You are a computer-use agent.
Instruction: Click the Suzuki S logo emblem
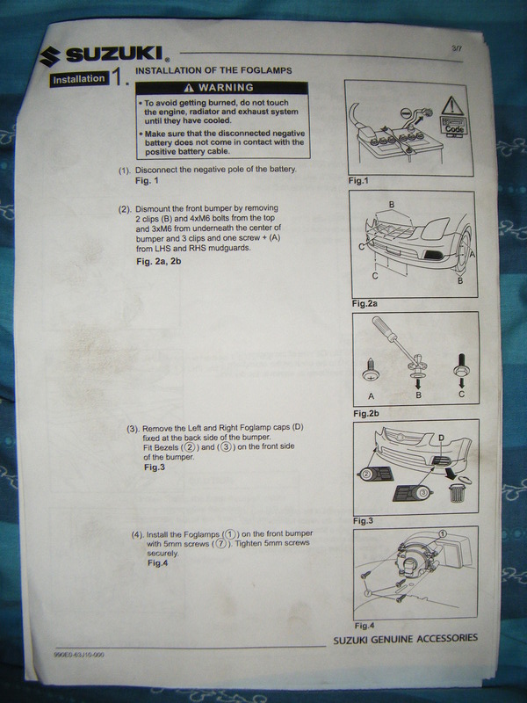(49, 56)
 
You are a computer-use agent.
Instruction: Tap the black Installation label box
(79, 79)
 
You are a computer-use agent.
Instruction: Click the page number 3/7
(457, 48)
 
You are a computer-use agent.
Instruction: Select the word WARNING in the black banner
(227, 87)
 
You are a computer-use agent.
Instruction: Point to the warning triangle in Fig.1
(451, 106)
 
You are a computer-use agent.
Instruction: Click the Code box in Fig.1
(454, 127)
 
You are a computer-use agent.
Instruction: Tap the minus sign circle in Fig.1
(406, 113)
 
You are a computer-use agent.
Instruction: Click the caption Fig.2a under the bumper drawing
(365, 303)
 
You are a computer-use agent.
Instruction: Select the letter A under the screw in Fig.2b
(371, 396)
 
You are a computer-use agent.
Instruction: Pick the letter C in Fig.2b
(462, 395)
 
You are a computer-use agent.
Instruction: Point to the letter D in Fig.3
(442, 438)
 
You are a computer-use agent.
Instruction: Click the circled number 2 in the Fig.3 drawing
(366, 474)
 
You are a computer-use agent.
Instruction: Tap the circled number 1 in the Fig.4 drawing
(443, 533)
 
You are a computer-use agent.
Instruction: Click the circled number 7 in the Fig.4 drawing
(368, 593)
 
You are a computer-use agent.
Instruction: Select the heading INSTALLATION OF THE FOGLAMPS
(213, 70)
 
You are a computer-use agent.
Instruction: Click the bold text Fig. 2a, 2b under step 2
(159, 261)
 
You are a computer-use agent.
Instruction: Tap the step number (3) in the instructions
(134, 429)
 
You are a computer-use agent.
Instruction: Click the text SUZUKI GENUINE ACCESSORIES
(406, 639)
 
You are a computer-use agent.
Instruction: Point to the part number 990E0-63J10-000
(79, 655)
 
